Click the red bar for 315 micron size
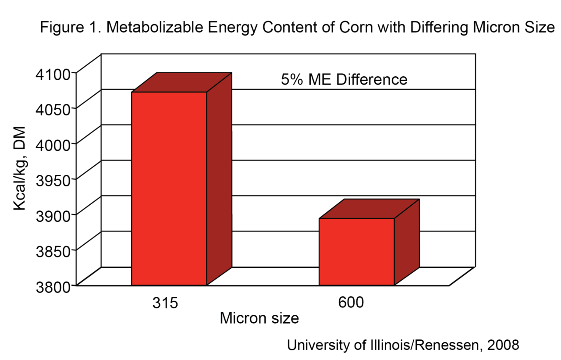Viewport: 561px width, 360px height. [169, 189]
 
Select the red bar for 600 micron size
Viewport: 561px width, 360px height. [357, 251]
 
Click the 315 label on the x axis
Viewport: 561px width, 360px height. [165, 303]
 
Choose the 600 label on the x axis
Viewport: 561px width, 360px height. [351, 303]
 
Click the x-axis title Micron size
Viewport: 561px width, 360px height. [259, 318]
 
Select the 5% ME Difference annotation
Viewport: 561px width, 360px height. [344, 79]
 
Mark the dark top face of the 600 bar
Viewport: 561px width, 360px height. [369, 209]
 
